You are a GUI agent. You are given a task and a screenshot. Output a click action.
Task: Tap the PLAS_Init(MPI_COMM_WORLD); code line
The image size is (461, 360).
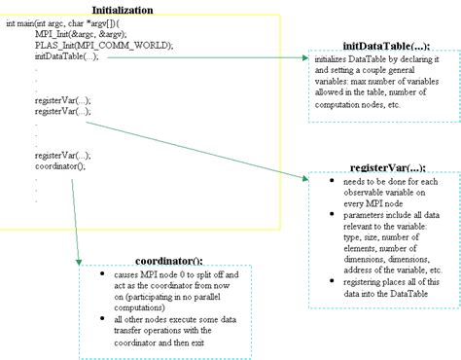tap(89, 46)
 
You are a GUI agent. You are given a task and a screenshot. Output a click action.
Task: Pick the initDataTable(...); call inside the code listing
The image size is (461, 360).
tap(66, 56)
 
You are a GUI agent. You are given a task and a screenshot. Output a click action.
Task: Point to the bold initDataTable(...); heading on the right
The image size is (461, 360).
tap(386, 46)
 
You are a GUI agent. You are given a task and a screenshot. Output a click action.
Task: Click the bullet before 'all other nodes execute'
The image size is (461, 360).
tap(104, 319)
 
